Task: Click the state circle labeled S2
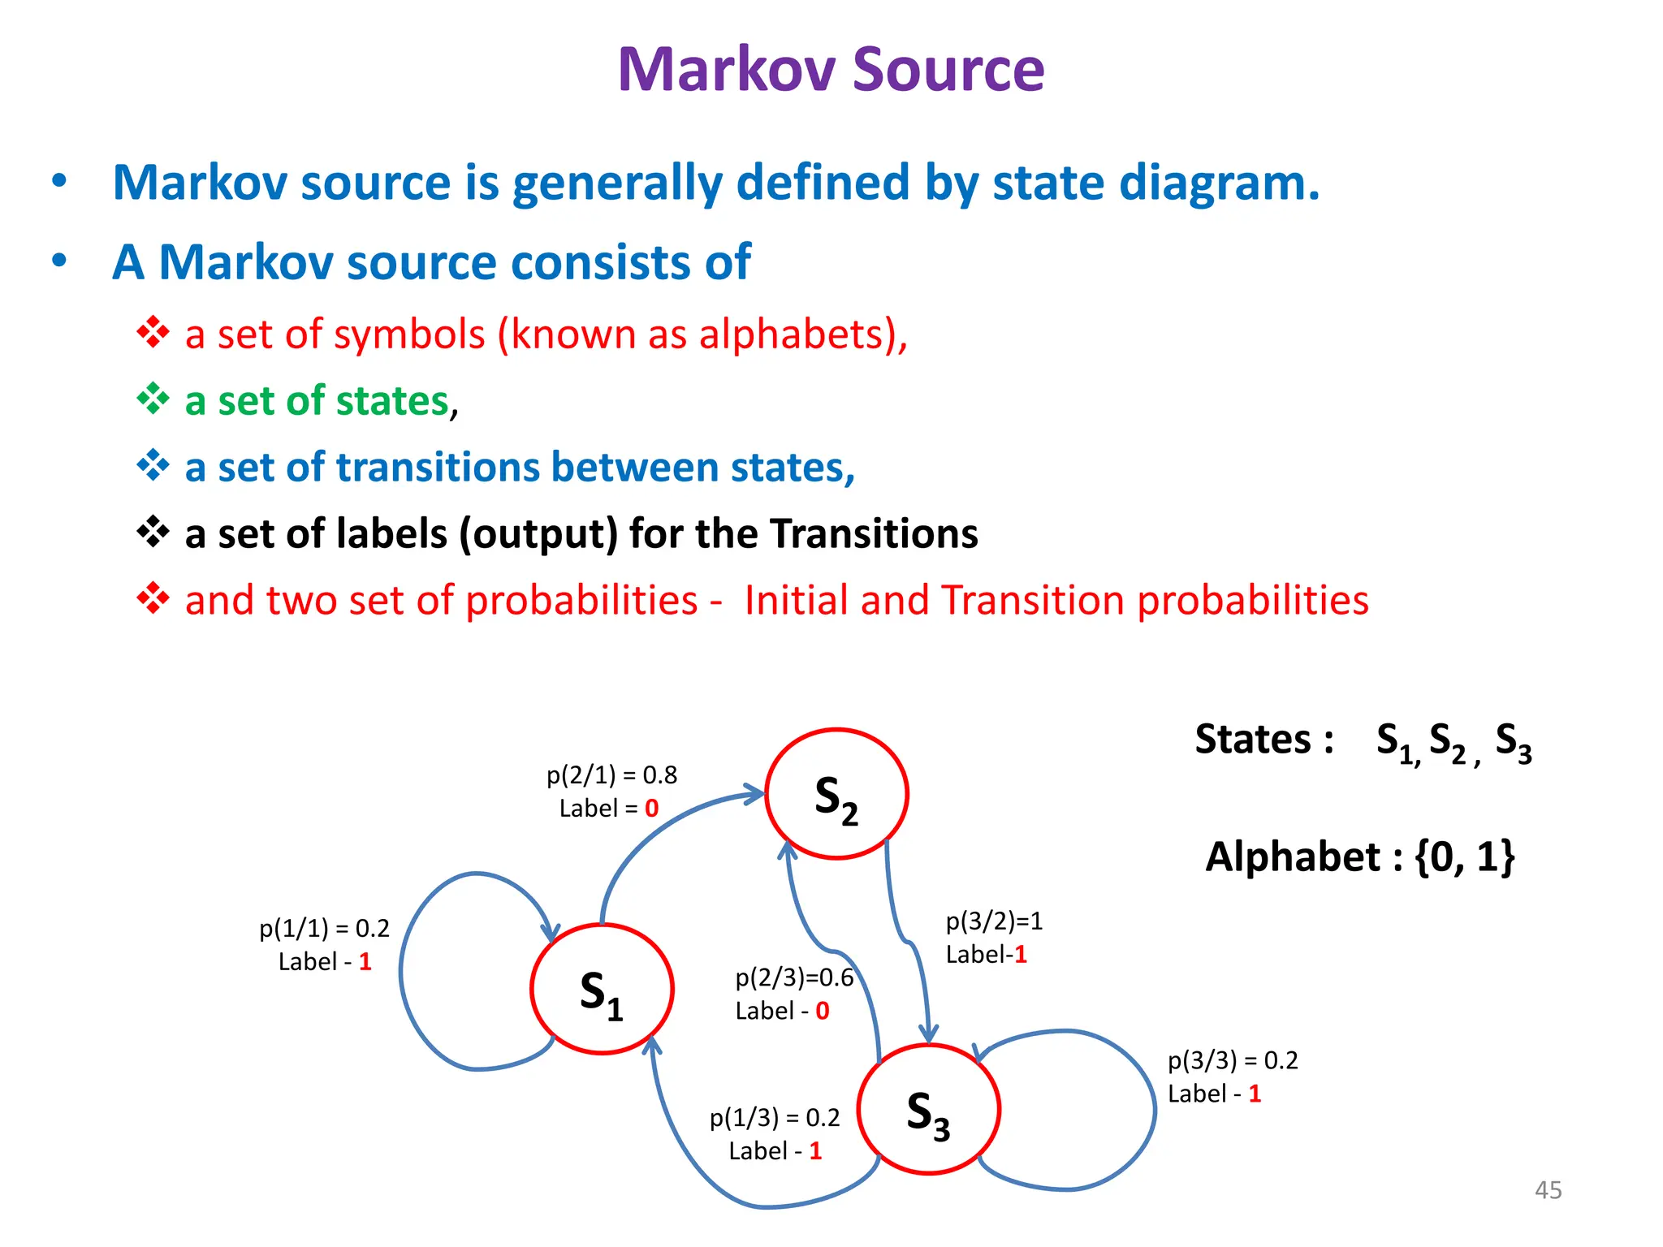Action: [836, 793]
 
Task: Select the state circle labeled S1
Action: [602, 989]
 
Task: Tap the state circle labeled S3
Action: [929, 1109]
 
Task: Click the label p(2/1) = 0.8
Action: [611, 775]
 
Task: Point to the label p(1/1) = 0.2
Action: [324, 928]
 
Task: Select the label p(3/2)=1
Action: [994, 921]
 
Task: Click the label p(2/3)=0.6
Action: [794, 977]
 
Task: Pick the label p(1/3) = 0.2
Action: [775, 1118]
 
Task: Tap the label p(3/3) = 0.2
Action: [1233, 1060]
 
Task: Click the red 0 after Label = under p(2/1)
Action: [651, 809]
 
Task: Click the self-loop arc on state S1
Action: [404, 974]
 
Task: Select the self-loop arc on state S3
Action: [1153, 1109]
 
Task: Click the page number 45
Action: [1548, 1190]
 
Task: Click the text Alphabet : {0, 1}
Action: [1359, 857]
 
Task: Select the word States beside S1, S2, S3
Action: [1253, 740]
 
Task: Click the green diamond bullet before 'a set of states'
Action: [153, 399]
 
